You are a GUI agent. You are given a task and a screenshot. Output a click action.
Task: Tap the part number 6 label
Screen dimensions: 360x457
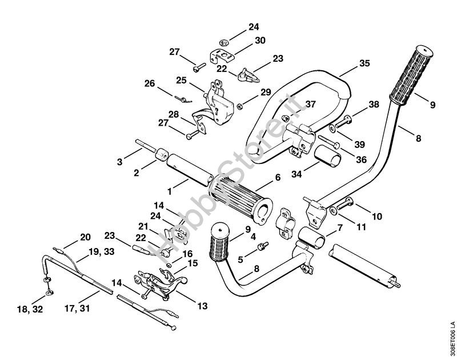tap(278, 178)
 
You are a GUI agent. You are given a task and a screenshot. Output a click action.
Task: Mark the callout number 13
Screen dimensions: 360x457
tap(202, 305)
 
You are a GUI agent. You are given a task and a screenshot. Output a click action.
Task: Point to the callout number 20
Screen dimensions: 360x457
tap(85, 237)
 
